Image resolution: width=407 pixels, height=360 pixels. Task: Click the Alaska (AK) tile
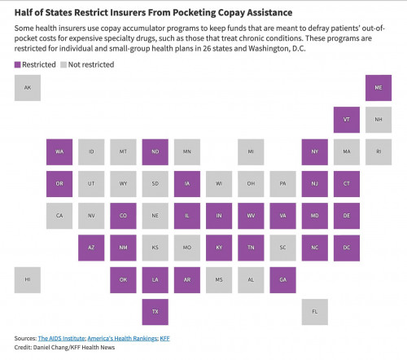(28, 88)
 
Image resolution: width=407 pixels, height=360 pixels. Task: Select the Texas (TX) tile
(155, 312)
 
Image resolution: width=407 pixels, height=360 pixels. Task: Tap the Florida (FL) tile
(315, 312)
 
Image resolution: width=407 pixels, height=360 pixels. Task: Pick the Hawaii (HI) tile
(28, 279)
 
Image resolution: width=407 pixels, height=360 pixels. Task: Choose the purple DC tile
(347, 248)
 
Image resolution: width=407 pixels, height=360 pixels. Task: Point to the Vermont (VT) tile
(347, 120)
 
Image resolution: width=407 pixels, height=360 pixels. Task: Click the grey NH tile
(379, 120)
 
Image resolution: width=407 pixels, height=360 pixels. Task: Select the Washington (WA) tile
(59, 151)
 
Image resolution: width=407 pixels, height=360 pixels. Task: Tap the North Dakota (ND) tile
(155, 151)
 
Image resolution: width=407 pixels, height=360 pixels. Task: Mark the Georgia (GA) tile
(282, 279)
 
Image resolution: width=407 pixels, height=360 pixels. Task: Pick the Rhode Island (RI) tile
(379, 151)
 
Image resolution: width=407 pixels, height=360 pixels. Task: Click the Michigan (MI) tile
(251, 151)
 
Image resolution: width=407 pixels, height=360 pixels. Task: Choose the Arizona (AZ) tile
(91, 248)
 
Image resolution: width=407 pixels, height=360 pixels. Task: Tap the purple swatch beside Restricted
(17, 64)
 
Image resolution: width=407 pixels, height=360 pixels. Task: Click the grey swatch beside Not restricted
(63, 64)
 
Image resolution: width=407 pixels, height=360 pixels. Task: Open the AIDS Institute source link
(62, 338)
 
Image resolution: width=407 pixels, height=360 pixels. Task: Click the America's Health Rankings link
(122, 338)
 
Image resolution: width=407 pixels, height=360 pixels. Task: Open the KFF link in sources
(164, 338)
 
